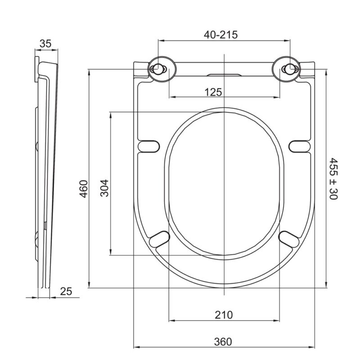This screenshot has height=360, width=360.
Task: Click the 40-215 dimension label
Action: pyautogui.click(x=220, y=35)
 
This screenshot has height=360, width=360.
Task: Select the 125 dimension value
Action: pyautogui.click(x=213, y=92)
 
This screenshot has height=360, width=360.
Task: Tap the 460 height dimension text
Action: pyautogui.click(x=84, y=189)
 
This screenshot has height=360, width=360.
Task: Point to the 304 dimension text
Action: pyautogui.click(x=104, y=188)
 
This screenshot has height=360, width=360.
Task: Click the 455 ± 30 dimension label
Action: pyautogui.click(x=333, y=179)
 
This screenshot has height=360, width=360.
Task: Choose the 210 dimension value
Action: pyautogui.click(x=224, y=315)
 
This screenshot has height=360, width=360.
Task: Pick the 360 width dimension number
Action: pyautogui.click(x=223, y=342)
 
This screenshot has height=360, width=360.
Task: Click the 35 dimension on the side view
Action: pyautogui.click(x=45, y=44)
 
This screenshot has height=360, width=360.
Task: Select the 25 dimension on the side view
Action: pyautogui.click(x=66, y=292)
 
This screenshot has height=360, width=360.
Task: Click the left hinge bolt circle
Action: pyautogui.click(x=158, y=69)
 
